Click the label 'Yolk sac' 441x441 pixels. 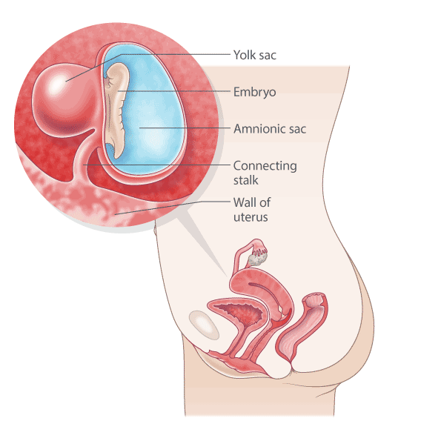255,55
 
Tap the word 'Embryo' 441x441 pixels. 254,92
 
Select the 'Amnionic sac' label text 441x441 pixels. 270,129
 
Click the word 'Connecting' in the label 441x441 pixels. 265,166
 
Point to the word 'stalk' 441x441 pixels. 245,180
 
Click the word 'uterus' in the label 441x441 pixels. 251,217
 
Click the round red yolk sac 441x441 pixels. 63,100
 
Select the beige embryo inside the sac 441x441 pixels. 116,110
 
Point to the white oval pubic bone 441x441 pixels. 204,325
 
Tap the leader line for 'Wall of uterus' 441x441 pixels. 173,208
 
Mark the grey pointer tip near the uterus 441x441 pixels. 226,276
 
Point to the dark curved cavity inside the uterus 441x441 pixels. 266,293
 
